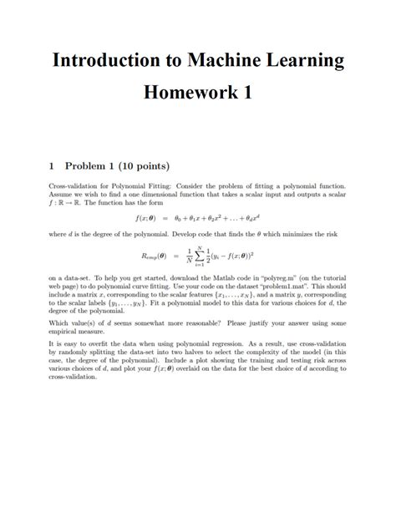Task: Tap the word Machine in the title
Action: tap(226, 61)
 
